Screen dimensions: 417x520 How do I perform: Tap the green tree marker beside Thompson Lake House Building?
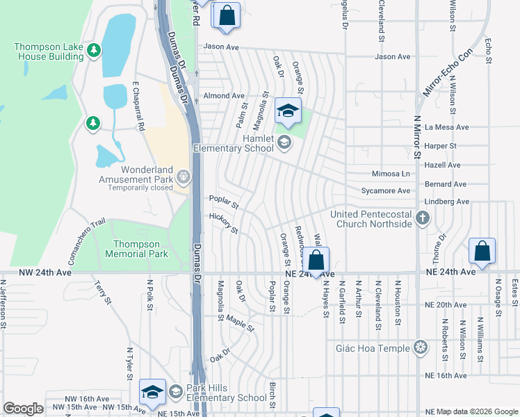coord(94,50)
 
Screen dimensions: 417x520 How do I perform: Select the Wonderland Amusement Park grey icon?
coord(184,177)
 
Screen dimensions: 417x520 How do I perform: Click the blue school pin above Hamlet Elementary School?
coord(289,111)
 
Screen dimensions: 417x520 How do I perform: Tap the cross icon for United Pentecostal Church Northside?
coord(421,219)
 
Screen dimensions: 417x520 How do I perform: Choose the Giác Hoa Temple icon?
coord(420,347)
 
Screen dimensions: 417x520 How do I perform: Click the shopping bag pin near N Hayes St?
coord(316,261)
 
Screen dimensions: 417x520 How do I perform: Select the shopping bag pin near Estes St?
coord(482,252)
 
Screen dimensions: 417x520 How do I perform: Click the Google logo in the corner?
coord(23,409)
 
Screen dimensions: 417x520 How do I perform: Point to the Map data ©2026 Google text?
coord(476,412)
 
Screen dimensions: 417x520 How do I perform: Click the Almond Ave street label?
coord(223,95)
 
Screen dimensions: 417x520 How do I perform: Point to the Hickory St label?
coord(224,224)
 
